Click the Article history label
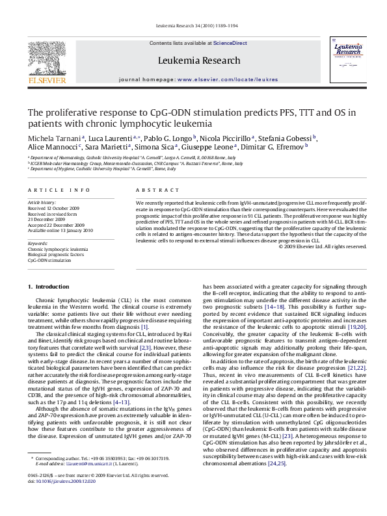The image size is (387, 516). tap(42, 203)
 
